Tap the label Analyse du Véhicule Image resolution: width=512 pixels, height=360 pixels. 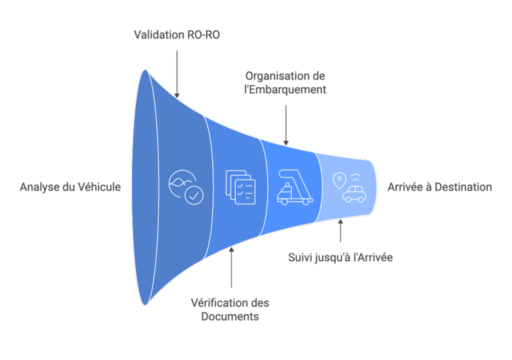[70, 187]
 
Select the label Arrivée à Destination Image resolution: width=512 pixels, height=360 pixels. [439, 187]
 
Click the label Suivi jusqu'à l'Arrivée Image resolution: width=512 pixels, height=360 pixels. [340, 258]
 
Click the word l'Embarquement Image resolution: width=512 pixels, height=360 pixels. [285, 90]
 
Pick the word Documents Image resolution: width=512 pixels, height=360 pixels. [230, 317]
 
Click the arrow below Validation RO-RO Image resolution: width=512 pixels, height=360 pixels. [176, 72]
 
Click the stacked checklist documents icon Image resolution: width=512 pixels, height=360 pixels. [240, 187]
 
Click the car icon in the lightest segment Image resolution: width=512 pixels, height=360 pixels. [353, 193]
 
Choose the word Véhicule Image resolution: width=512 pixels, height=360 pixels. [99, 187]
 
